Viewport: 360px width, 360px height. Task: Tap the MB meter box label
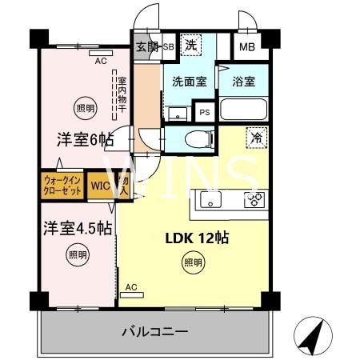[247, 47]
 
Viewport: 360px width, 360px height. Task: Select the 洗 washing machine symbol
[192, 46]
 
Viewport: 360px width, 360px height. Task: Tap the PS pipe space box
[206, 113]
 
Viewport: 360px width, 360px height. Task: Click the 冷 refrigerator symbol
[258, 138]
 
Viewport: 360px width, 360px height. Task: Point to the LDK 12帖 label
[192, 238]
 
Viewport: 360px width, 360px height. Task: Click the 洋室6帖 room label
[84, 139]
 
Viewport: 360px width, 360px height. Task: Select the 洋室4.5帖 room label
[77, 228]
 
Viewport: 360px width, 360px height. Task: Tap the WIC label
[99, 186]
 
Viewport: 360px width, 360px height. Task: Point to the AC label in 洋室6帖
[101, 59]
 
